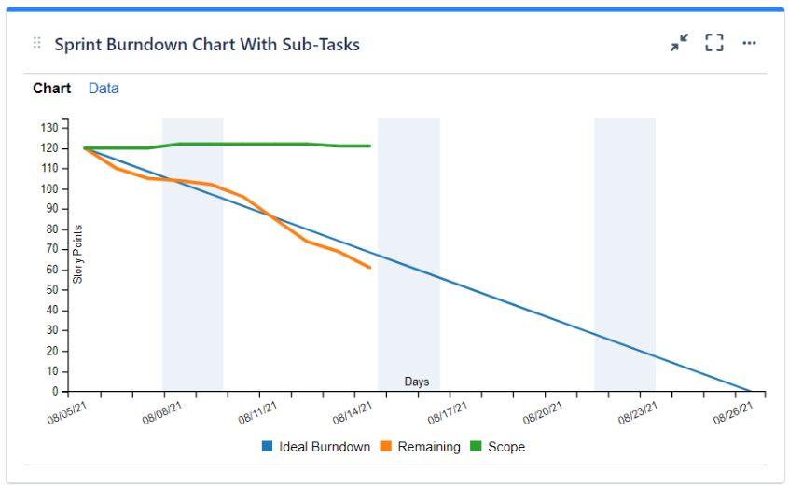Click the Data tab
tap(104, 89)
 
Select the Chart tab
tap(51, 89)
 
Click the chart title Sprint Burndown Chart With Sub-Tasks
tap(206, 44)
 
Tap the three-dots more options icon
tap(749, 43)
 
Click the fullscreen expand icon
tap(714, 43)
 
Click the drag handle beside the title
tap(37, 43)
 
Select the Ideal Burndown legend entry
tap(316, 447)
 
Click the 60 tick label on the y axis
tap(52, 270)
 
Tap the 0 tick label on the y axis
tap(56, 392)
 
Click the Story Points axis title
tap(78, 254)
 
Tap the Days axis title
tap(417, 382)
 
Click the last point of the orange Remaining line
tap(370, 268)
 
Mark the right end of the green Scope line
tap(370, 146)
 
